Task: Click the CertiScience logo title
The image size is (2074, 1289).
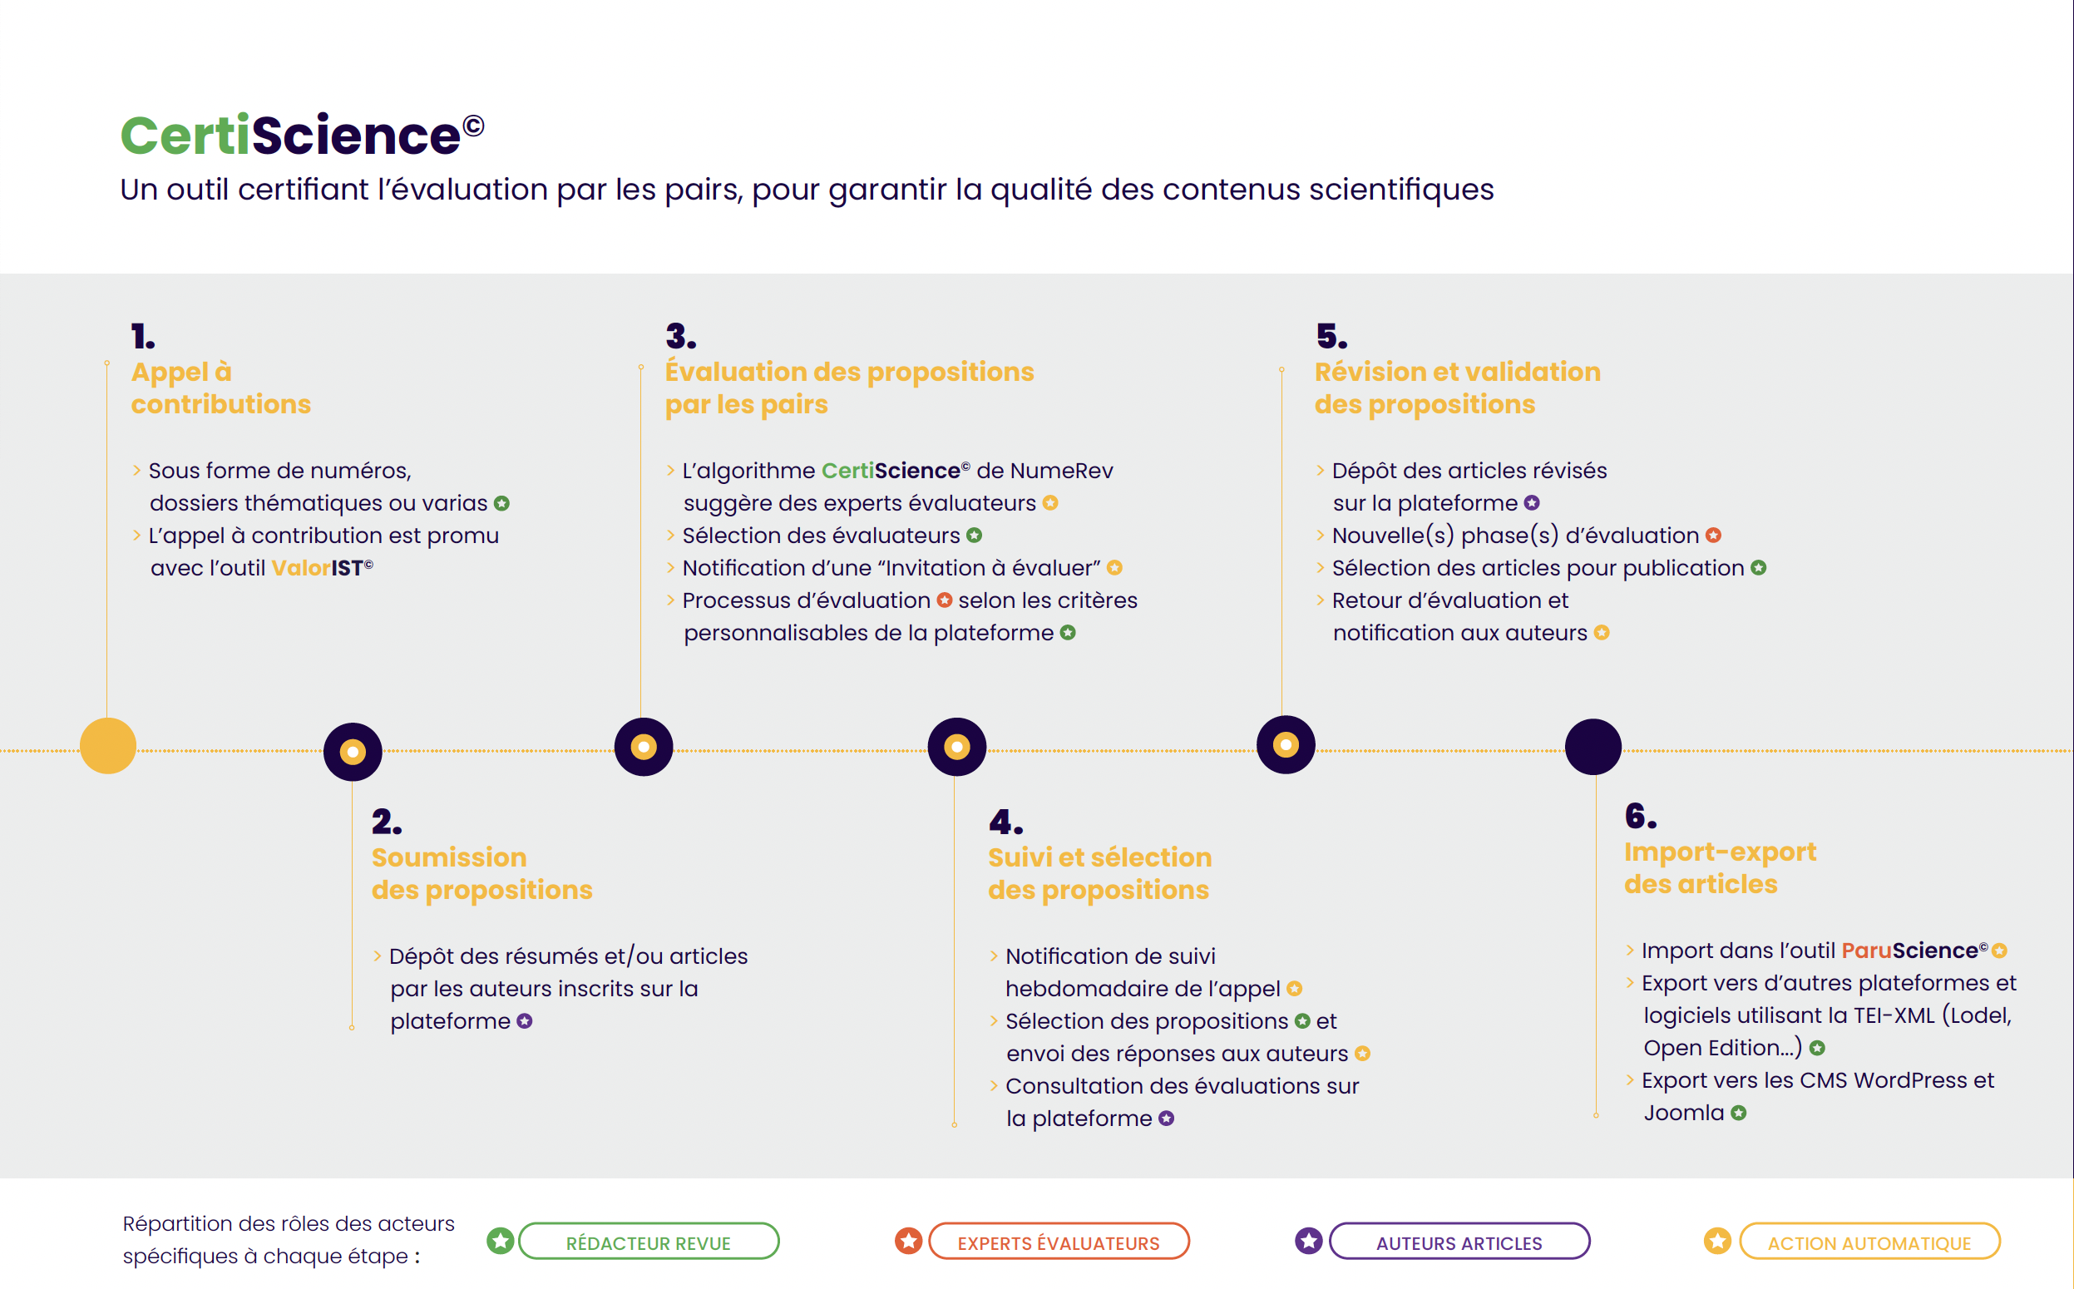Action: pos(303,135)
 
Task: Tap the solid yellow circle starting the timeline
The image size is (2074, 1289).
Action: pos(108,746)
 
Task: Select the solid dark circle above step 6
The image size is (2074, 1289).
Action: pos(1593,747)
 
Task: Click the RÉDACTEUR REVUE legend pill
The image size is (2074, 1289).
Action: pos(648,1242)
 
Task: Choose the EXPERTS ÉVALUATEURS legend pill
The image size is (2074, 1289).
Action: pos(1059,1242)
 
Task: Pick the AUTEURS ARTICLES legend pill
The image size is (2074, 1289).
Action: pos(1459,1242)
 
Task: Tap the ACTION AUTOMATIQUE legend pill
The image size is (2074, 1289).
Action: pos(1869,1242)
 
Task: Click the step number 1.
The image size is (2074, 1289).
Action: pos(143,336)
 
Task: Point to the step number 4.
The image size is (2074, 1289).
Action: pos(1006,822)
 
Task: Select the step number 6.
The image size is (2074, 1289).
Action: pos(1641,816)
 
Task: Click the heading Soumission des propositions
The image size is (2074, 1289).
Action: pos(481,873)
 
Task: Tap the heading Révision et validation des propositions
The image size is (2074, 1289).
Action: pos(1457,388)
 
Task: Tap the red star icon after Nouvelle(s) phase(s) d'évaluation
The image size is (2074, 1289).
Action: pos(1713,536)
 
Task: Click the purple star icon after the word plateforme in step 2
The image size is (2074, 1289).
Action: pos(524,1021)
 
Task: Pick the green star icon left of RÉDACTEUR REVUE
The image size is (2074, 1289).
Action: pos(501,1242)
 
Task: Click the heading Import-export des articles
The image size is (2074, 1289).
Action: pos(1721,868)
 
